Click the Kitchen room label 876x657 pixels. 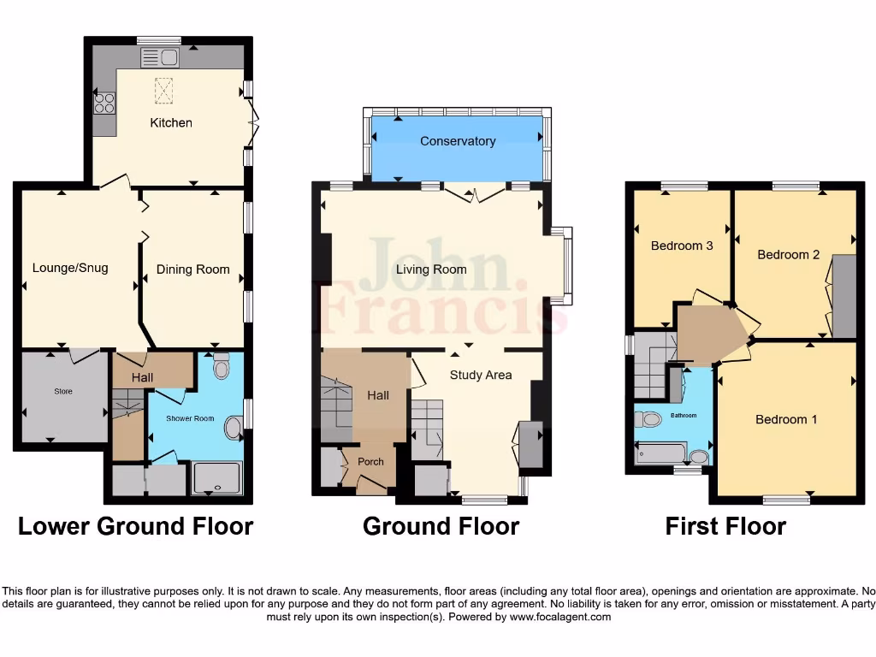tap(171, 122)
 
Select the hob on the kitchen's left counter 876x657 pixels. tap(104, 104)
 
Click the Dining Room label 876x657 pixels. tap(192, 269)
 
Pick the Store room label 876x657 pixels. tap(63, 392)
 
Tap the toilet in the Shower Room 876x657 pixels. tap(222, 367)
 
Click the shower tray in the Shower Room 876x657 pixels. tap(217, 478)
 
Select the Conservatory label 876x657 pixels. tap(458, 141)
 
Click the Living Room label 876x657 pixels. tap(431, 269)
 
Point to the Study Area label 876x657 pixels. tap(481, 375)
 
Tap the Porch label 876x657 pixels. tap(370, 462)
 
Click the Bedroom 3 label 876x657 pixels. tap(682, 246)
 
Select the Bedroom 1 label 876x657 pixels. tap(786, 419)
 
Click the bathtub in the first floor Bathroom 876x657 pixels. tap(661, 453)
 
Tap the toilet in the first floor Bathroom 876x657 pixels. tap(648, 419)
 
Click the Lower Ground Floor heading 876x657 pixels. tap(135, 526)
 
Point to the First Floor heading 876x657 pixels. tap(725, 526)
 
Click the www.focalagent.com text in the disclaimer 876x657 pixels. tap(560, 617)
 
